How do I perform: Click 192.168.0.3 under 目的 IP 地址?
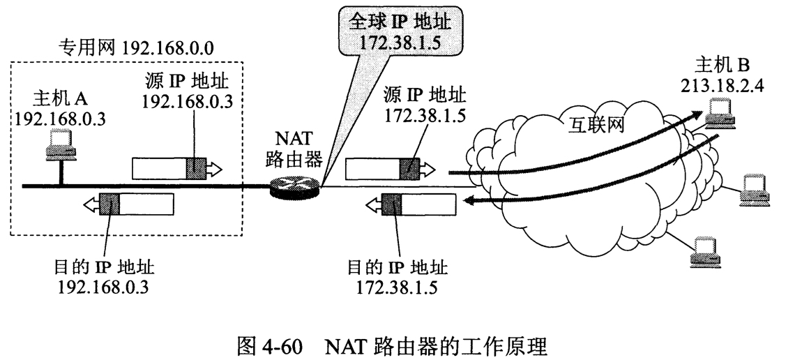105,286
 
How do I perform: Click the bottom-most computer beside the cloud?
701,255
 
